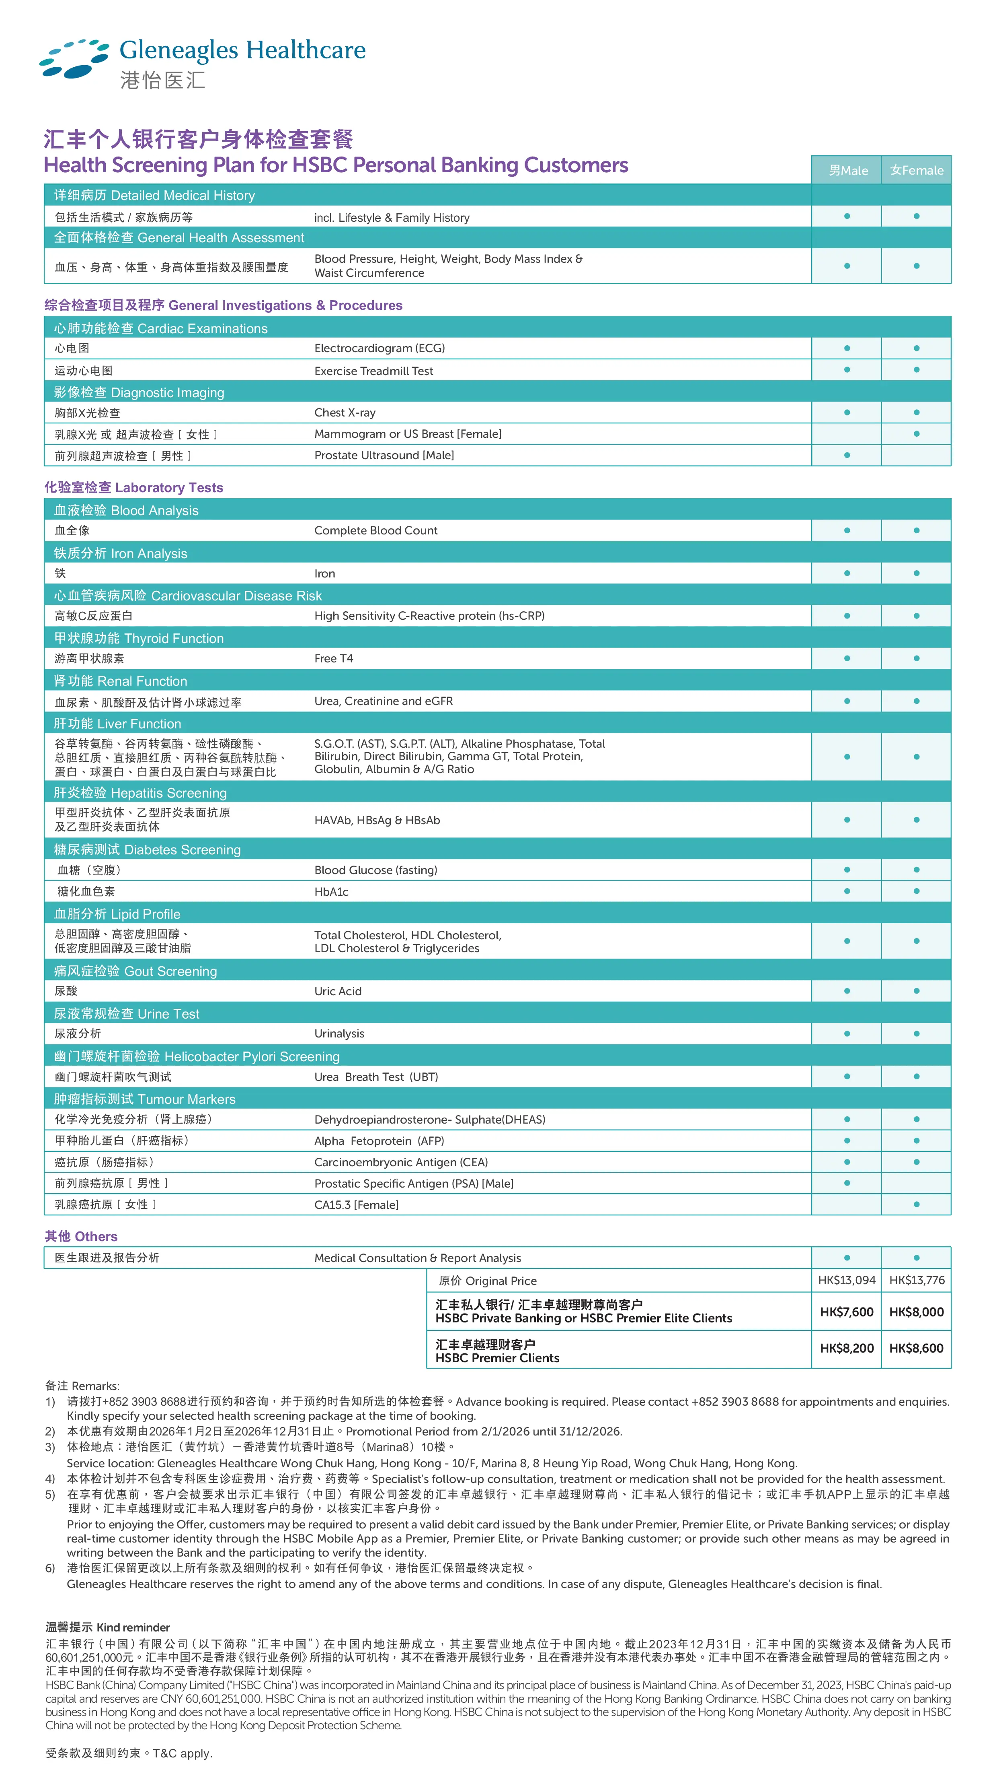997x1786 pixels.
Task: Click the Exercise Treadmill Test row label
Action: pos(373,371)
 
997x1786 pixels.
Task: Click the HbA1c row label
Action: pos(331,892)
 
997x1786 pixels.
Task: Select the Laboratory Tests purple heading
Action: pos(134,487)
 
